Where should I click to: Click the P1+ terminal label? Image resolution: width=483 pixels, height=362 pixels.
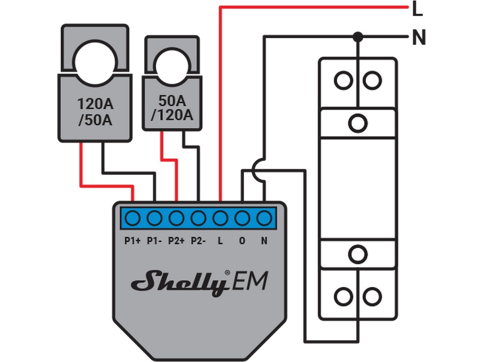tap(132, 241)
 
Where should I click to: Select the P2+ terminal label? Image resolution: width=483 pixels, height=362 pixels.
tap(176, 241)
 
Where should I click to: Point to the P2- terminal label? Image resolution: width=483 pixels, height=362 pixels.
tap(198, 241)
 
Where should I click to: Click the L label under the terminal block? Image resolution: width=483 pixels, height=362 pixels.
tap(220, 241)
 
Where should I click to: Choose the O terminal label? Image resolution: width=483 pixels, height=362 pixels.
tap(242, 241)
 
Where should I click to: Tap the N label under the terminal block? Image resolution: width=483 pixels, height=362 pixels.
tap(264, 241)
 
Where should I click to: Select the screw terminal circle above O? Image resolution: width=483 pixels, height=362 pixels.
tap(242, 218)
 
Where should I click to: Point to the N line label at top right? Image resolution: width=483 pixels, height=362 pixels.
tap(419, 39)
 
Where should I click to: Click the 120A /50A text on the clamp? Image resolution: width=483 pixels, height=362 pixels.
tap(95, 113)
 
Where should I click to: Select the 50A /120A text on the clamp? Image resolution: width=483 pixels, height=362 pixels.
tap(172, 108)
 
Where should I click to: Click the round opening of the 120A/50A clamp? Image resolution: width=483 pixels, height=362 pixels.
tap(95, 60)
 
